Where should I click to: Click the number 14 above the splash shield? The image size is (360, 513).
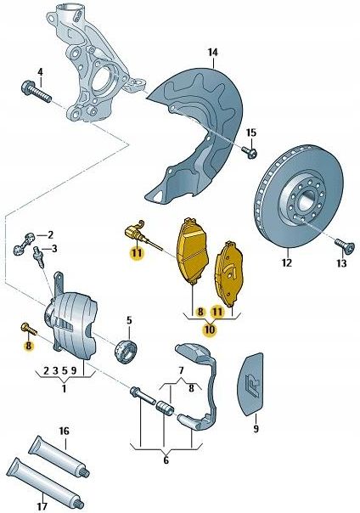212,53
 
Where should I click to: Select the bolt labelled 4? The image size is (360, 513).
36,92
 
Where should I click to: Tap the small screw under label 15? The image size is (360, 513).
249,152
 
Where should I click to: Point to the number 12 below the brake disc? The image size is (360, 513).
286,262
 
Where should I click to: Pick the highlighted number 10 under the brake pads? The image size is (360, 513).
210,330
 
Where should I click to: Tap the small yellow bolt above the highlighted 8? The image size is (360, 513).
29,330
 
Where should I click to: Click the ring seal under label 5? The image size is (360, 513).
127,352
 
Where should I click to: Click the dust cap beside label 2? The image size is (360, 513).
25,243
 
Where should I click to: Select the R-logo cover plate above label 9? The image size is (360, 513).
250,384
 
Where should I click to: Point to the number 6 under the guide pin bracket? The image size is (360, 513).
166,460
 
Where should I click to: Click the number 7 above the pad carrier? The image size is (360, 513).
181,371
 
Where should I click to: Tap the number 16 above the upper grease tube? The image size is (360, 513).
64,431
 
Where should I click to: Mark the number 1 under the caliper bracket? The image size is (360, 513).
64,389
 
